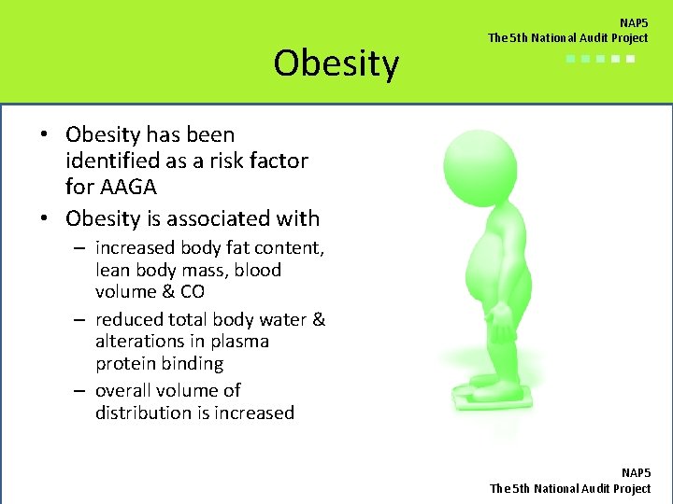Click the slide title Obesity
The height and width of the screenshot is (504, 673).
[336, 63]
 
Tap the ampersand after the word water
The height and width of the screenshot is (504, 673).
[319, 319]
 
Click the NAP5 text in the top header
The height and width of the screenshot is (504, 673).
[634, 22]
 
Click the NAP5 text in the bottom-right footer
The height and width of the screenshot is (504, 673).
[635, 473]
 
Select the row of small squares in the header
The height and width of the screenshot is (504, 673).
[600, 59]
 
